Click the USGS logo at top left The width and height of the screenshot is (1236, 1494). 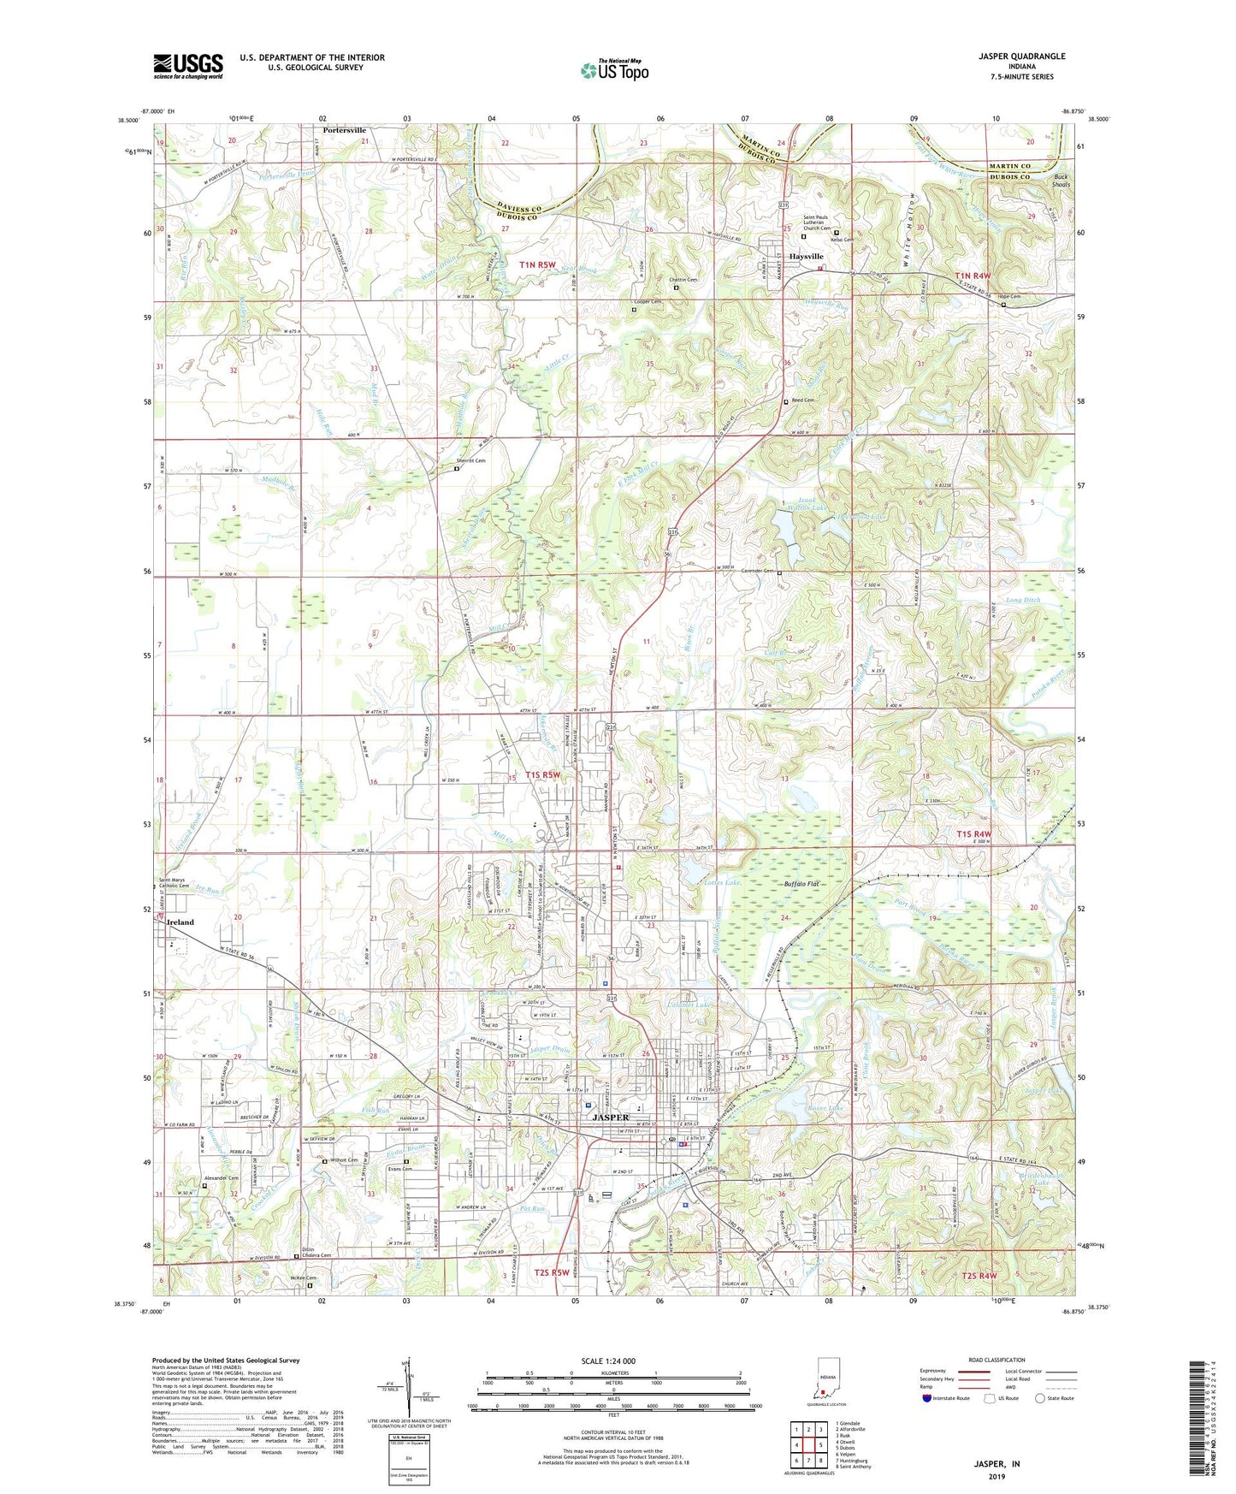[188, 65]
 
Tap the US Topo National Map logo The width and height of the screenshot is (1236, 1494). [614, 70]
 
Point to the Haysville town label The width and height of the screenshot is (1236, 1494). [806, 257]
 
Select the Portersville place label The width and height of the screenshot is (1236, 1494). [345, 131]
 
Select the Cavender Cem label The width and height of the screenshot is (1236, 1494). [758, 572]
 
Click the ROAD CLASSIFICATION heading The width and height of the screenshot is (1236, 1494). [996, 1360]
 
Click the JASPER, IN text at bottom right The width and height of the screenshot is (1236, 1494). [996, 1464]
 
